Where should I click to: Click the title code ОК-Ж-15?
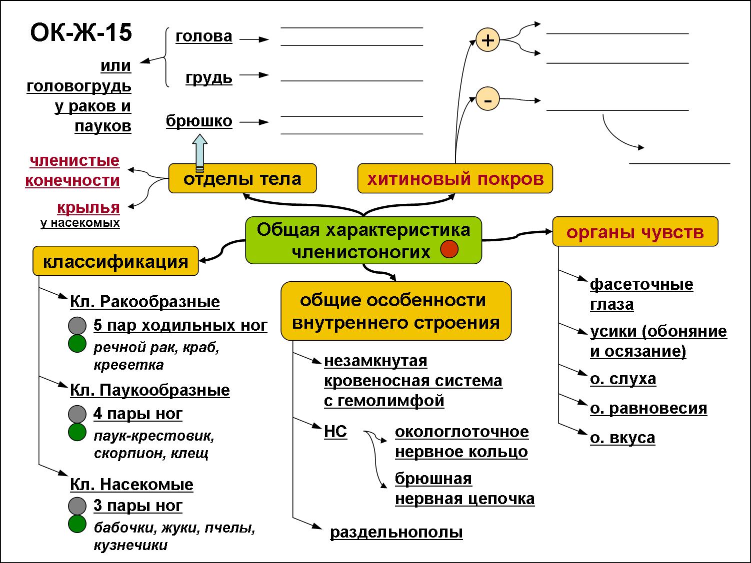81,33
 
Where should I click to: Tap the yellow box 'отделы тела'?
242,178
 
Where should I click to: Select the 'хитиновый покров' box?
455,178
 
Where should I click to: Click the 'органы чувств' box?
635,231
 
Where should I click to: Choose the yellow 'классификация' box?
115,261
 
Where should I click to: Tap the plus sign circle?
487,40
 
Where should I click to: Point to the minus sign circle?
487,99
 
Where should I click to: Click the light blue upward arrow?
199,152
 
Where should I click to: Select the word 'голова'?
204,36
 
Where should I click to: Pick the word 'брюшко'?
199,121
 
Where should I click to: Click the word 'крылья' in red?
88,207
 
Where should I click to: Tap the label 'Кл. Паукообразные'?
150,390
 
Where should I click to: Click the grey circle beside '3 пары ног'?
77,506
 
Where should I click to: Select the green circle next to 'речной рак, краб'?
77,344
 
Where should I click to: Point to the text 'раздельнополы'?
396,533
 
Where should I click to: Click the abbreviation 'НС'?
335,432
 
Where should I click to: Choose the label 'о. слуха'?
623,379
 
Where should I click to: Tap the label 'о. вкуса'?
622,438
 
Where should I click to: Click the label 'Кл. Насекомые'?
131,485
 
